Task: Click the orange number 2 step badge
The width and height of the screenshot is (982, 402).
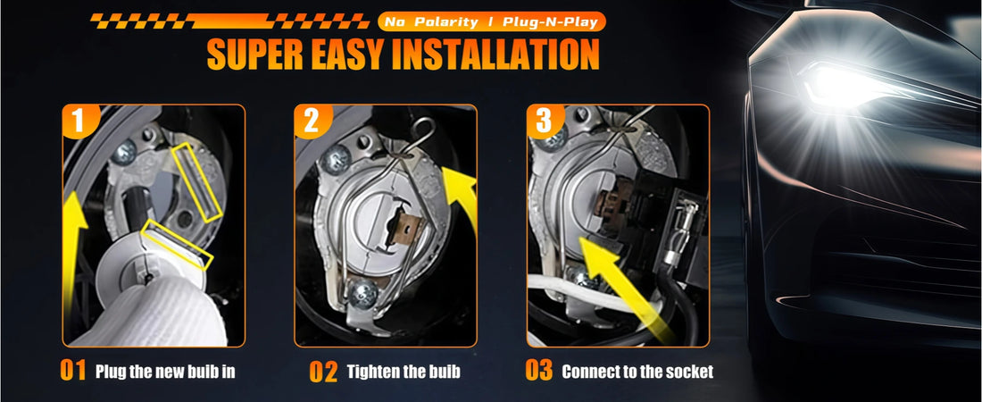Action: [311, 122]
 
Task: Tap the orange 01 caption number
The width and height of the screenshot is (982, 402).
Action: [73, 372]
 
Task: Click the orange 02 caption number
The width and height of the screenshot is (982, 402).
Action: [323, 372]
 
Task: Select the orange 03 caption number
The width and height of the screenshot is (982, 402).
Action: [539, 372]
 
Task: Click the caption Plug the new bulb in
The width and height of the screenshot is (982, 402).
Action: [165, 372]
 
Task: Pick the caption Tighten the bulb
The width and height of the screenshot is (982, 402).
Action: [404, 372]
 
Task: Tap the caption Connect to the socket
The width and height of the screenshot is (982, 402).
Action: [637, 372]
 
